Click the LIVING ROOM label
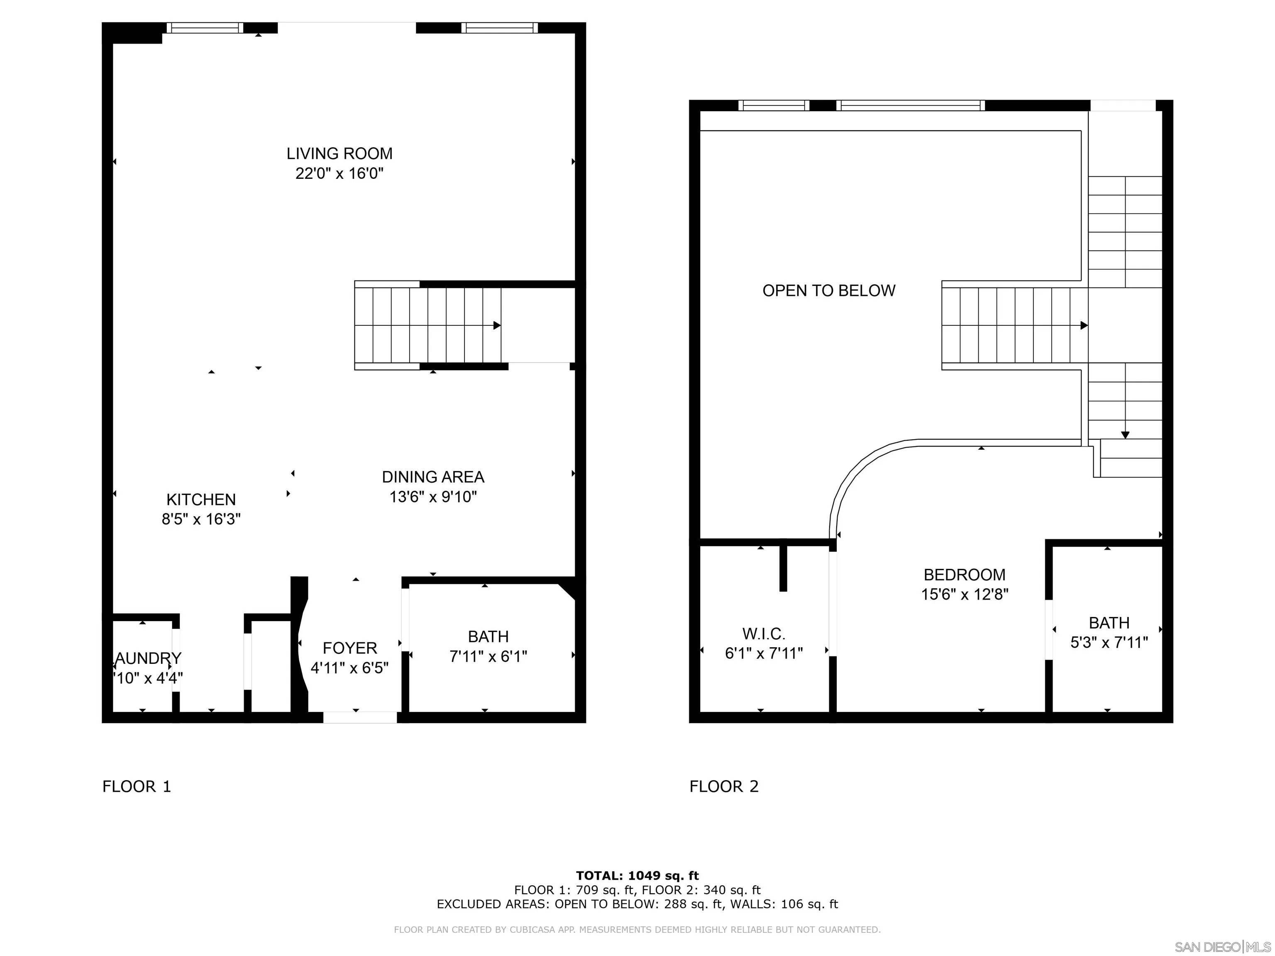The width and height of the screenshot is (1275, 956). [340, 154]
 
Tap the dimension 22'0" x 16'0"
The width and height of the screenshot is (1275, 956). [340, 173]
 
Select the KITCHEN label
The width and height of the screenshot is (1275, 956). [201, 500]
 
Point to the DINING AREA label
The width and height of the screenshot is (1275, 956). [433, 477]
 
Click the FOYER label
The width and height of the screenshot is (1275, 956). [350, 648]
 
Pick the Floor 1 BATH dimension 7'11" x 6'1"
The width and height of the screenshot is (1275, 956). [488, 656]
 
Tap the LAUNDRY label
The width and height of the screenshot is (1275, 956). [148, 658]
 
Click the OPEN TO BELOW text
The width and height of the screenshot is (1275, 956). [829, 291]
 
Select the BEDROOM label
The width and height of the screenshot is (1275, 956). [964, 575]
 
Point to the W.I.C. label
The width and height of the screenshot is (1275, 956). [764, 634]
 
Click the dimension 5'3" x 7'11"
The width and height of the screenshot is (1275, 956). [1109, 642]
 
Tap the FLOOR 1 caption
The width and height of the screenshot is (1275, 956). [137, 787]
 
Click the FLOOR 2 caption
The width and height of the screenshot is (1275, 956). [724, 787]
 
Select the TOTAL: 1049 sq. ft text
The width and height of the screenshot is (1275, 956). [637, 876]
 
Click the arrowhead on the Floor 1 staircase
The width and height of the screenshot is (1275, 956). [497, 326]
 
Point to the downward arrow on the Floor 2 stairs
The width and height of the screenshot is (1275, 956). [1125, 435]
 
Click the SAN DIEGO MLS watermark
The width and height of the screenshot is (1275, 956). [1222, 947]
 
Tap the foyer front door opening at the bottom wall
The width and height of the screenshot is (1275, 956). [360, 717]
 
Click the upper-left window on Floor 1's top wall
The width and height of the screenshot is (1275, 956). [205, 28]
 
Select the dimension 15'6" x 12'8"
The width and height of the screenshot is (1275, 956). [964, 594]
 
